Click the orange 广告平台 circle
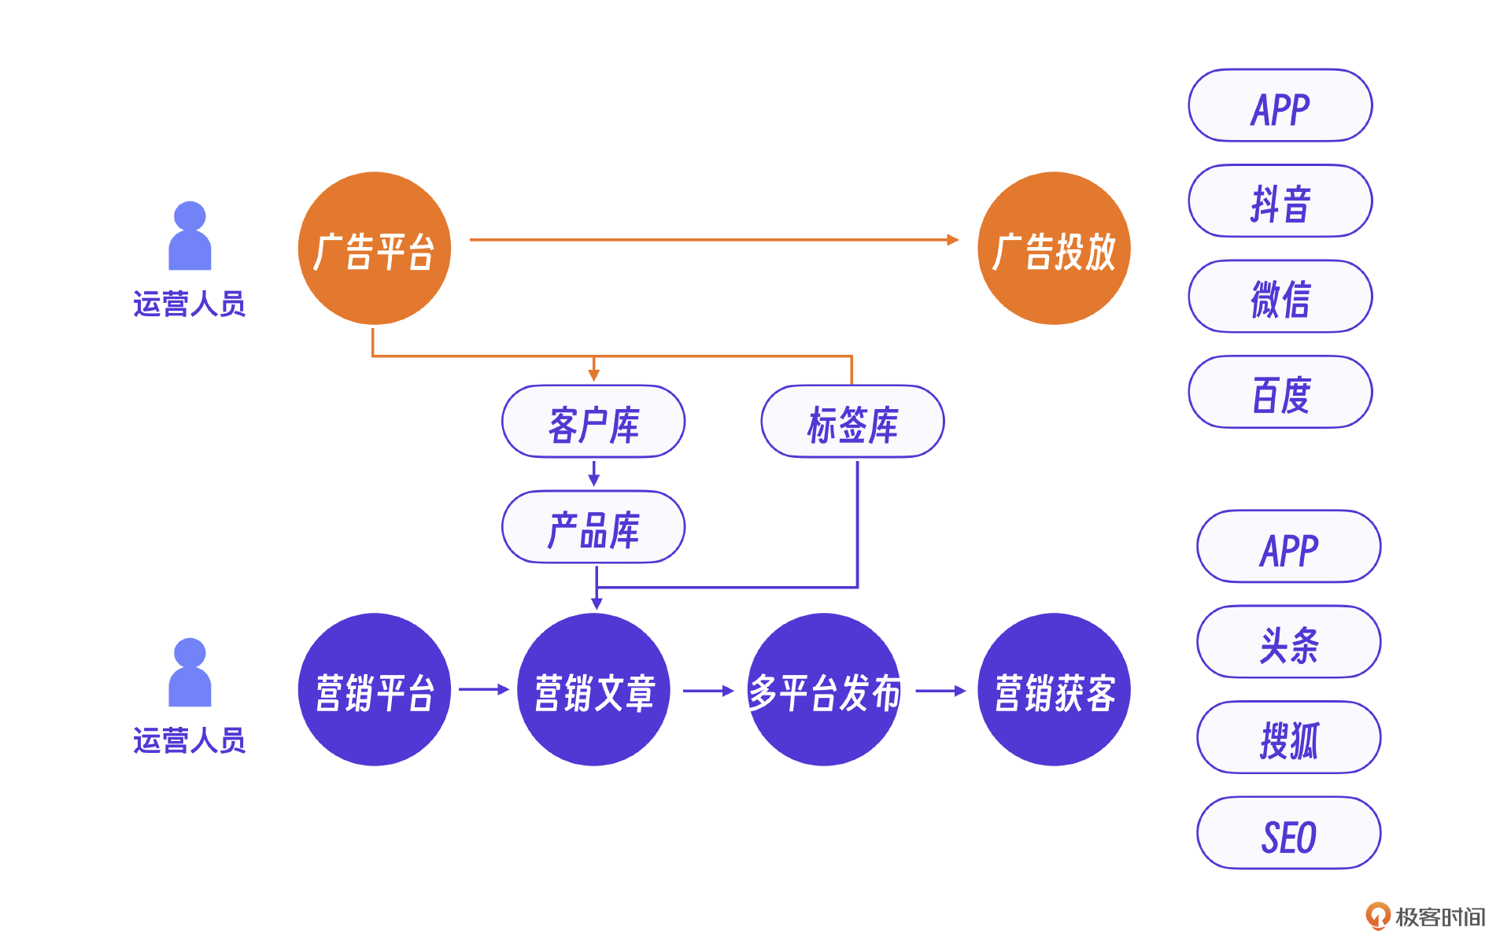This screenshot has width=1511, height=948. pos(374,249)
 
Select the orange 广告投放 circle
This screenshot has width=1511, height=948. pos(1053,249)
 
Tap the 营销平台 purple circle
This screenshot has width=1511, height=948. pos(374,690)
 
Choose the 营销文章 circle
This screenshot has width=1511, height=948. pos(593,690)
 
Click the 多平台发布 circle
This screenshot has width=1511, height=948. pos(823,690)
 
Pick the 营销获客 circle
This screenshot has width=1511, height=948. pos(1053,690)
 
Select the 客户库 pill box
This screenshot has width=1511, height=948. pos(593,422)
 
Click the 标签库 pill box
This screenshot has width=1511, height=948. pos(852,422)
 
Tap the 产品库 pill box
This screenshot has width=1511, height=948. pos(593,527)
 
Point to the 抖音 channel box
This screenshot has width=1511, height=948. pos(1280,201)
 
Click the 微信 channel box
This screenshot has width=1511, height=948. pos(1280,297)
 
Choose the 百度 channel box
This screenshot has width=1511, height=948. pos(1280,393)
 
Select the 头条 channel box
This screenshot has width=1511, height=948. pos(1289,642)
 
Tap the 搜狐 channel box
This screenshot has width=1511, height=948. pos(1289,738)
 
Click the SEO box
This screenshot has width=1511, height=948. pos(1289,833)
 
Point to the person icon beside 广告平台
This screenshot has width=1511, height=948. pos(190,236)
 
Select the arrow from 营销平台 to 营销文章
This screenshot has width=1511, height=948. pos(483,690)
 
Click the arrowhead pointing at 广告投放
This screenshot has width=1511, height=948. pos(953,240)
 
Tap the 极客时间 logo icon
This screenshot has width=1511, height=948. pos(1377,916)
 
